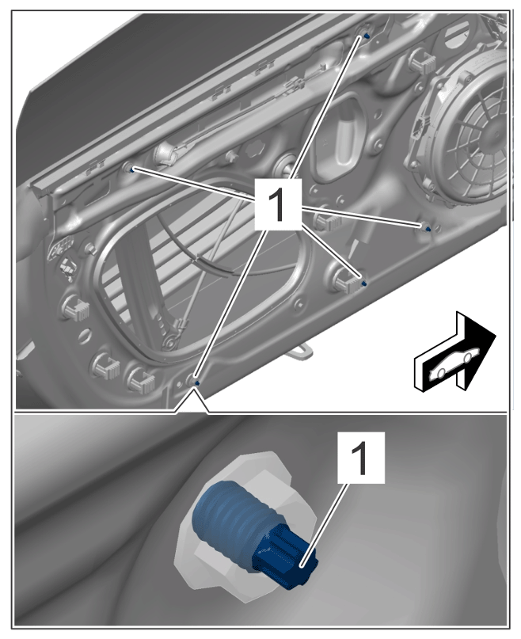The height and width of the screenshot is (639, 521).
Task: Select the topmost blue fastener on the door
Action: (x=366, y=36)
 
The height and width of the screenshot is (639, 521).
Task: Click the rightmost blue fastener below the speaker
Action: (x=427, y=229)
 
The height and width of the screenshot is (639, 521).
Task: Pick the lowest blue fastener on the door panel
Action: (x=197, y=382)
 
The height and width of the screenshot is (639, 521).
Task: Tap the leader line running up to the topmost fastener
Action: (x=328, y=107)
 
